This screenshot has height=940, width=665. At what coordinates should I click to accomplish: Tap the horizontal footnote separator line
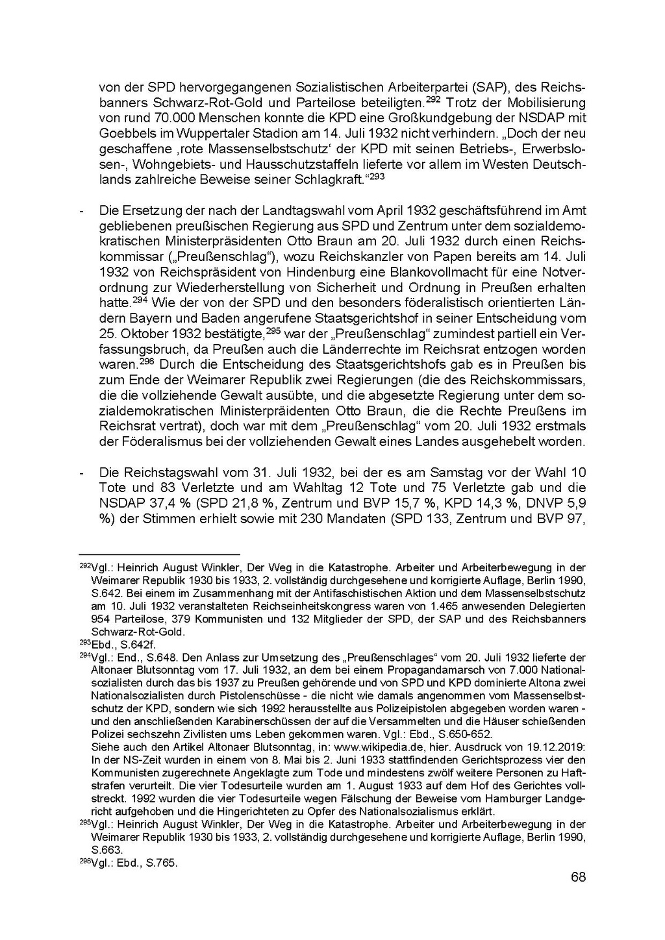point(159,554)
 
